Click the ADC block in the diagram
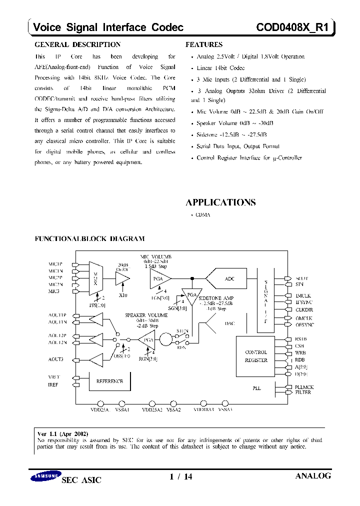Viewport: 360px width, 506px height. pyautogui.click(x=229, y=279)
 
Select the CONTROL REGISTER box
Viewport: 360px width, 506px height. pyautogui.click(x=256, y=356)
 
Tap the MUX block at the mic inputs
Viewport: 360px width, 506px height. pyautogui.click(x=95, y=276)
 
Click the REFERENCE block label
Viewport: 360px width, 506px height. pyautogui.click(x=109, y=381)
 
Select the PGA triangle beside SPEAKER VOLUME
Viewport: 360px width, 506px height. pyautogui.click(x=146, y=340)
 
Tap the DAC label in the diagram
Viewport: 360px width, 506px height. pyautogui.click(x=229, y=323)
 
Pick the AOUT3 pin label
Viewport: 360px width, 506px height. pyautogui.click(x=56, y=359)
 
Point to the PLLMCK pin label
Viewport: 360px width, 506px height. pyautogui.click(x=304, y=387)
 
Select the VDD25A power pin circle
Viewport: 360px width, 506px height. pyautogui.click(x=100, y=403)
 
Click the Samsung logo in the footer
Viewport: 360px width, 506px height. pyautogui.click(x=45, y=477)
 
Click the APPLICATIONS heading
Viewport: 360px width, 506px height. pyautogui.click(x=220, y=202)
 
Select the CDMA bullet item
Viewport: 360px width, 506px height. pyautogui.click(x=202, y=214)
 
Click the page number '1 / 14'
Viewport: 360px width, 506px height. pyautogui.click(x=181, y=477)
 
